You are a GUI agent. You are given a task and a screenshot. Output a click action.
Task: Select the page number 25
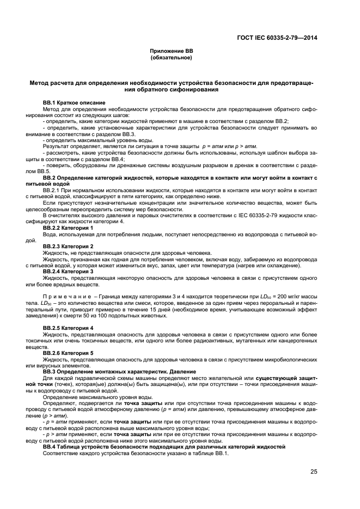(x=314, y=471)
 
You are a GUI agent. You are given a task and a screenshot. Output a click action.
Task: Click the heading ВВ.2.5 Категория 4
(x=68, y=328)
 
